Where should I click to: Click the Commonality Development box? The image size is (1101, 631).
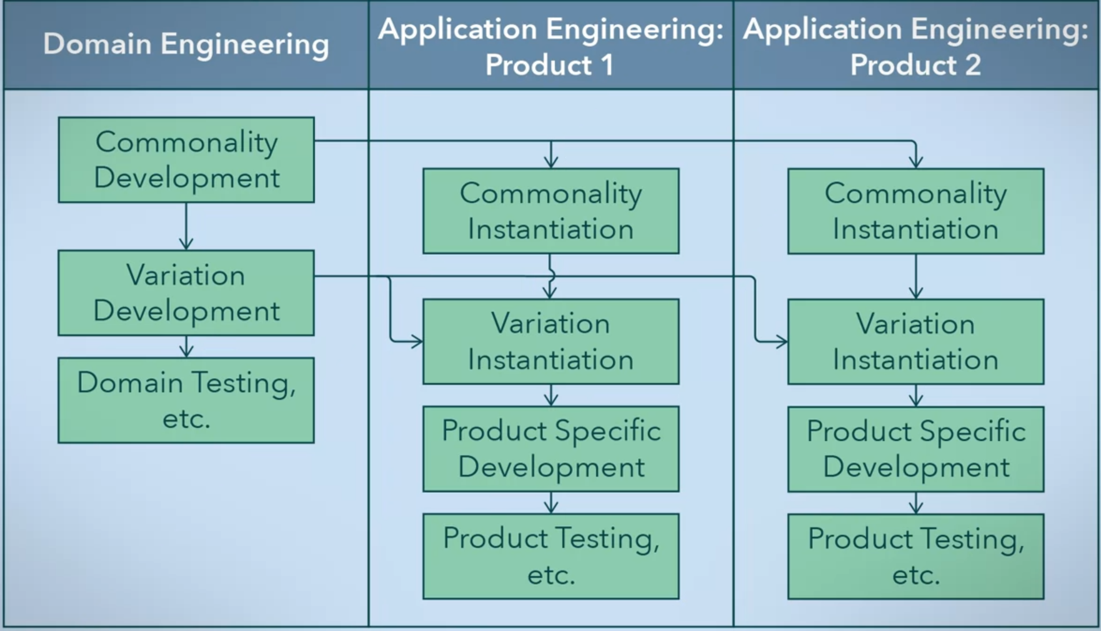(186, 160)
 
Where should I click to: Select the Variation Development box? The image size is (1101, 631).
(186, 293)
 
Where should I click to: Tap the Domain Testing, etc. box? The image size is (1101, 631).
(186, 400)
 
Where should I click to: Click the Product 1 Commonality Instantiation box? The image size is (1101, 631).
(550, 211)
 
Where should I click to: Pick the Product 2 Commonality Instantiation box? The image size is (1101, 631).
(915, 211)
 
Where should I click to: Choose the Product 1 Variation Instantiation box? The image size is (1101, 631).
(550, 342)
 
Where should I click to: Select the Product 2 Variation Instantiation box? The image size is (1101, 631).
(915, 342)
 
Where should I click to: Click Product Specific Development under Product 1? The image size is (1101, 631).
(550, 449)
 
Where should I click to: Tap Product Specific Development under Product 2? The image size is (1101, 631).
(915, 449)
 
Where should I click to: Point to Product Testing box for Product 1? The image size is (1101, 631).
(550, 557)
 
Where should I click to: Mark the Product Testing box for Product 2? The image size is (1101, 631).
(915, 557)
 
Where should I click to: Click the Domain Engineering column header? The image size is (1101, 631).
(186, 45)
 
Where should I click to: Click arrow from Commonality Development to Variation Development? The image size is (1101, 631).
(186, 226)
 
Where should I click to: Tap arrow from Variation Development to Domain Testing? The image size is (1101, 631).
(186, 347)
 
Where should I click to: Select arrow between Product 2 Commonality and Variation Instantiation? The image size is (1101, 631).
(916, 276)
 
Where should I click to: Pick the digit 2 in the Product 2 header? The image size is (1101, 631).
(972, 65)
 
